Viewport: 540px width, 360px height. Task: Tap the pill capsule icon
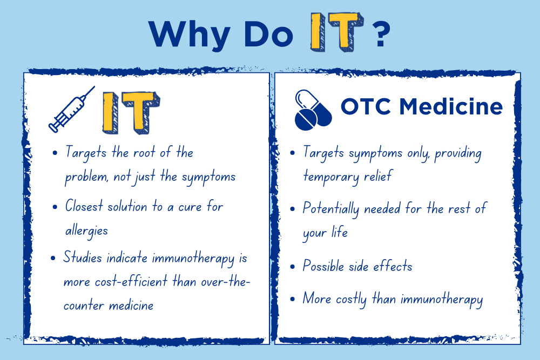click(313, 110)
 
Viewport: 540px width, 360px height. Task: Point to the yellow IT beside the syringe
click(131, 113)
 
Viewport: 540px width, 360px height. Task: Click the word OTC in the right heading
click(366, 106)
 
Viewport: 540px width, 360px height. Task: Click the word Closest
click(84, 206)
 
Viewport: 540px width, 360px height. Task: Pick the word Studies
click(83, 257)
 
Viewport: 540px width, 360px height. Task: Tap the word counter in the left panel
click(84, 305)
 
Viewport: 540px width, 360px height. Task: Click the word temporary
click(332, 177)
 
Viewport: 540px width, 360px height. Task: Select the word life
click(340, 232)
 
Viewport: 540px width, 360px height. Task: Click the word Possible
click(323, 266)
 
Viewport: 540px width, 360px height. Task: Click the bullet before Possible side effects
click(293, 267)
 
